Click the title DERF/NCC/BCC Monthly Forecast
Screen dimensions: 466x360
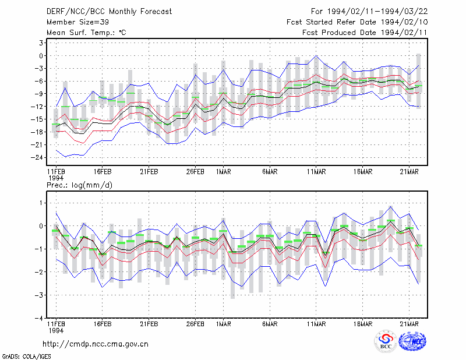click(109, 12)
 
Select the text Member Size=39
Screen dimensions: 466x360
click(77, 22)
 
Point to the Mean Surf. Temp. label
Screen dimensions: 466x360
click(86, 33)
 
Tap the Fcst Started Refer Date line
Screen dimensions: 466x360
click(357, 22)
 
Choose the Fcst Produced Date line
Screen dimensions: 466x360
click(365, 33)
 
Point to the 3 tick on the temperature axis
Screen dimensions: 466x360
click(41, 43)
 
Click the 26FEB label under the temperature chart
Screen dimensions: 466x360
click(195, 172)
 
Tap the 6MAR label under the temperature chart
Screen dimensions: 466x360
click(270, 172)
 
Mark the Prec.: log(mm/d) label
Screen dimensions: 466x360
click(79, 185)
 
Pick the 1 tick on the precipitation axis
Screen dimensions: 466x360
click(41, 203)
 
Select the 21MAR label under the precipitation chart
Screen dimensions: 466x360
click(409, 324)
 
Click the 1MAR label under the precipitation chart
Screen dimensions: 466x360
click(224, 324)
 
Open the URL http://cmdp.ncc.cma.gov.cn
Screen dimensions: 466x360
click(96, 344)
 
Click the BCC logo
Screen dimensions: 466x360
click(386, 341)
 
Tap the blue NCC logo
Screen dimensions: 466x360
click(412, 341)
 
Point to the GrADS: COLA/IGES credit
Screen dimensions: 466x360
click(26, 357)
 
